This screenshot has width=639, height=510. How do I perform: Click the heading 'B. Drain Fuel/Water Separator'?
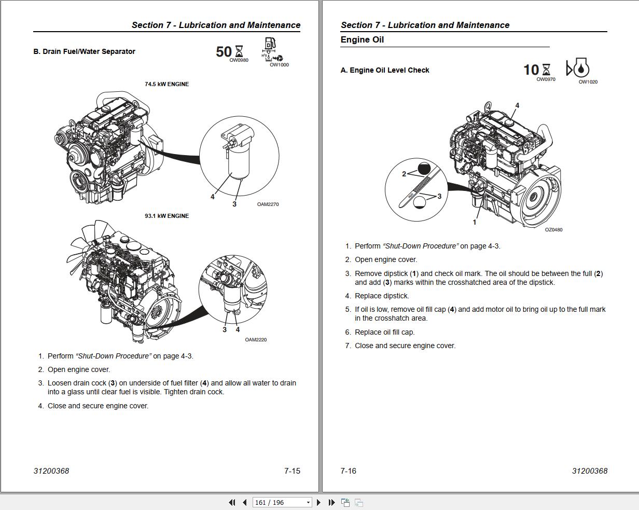pyautogui.click(x=84, y=51)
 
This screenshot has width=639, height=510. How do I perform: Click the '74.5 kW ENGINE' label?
pyautogui.click(x=166, y=84)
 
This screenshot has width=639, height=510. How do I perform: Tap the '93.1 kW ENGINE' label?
pyautogui.click(x=166, y=216)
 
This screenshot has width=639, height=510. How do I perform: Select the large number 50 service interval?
pyautogui.click(x=224, y=52)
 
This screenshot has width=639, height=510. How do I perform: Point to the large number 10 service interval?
pyautogui.click(x=531, y=70)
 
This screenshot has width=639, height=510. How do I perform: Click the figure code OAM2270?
pyautogui.click(x=268, y=204)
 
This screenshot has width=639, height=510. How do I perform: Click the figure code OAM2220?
pyautogui.click(x=256, y=340)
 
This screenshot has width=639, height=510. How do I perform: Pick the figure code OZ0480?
pyautogui.click(x=553, y=230)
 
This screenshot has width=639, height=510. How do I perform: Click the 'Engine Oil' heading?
pyautogui.click(x=362, y=40)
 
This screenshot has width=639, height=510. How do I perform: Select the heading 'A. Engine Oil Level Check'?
pyautogui.click(x=385, y=70)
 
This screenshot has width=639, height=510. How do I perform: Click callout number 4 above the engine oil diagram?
pyautogui.click(x=517, y=105)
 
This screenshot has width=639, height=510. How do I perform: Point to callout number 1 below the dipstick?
pyautogui.click(x=474, y=222)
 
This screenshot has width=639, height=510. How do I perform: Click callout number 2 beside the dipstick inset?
pyautogui.click(x=404, y=174)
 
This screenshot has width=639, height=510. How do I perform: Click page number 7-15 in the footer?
pyautogui.click(x=292, y=471)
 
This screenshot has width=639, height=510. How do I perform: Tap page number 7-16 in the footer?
pyautogui.click(x=348, y=471)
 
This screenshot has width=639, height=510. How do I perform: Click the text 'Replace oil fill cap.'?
pyautogui.click(x=384, y=332)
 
